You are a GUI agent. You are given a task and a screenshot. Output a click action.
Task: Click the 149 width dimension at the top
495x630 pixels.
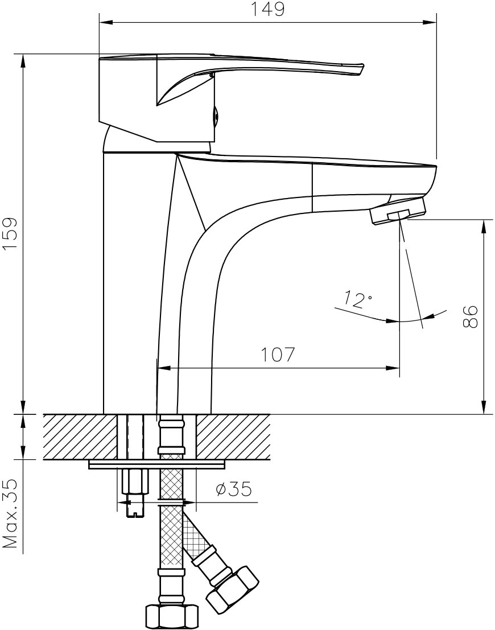click(x=267, y=10)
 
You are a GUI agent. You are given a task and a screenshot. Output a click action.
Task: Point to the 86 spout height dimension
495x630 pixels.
click(x=470, y=316)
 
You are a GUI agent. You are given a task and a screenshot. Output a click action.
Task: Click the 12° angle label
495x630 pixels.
click(x=358, y=299)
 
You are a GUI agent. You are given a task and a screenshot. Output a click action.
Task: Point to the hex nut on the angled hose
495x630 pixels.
click(x=232, y=588)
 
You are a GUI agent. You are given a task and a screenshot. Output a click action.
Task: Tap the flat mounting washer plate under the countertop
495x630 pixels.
click(x=156, y=464)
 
